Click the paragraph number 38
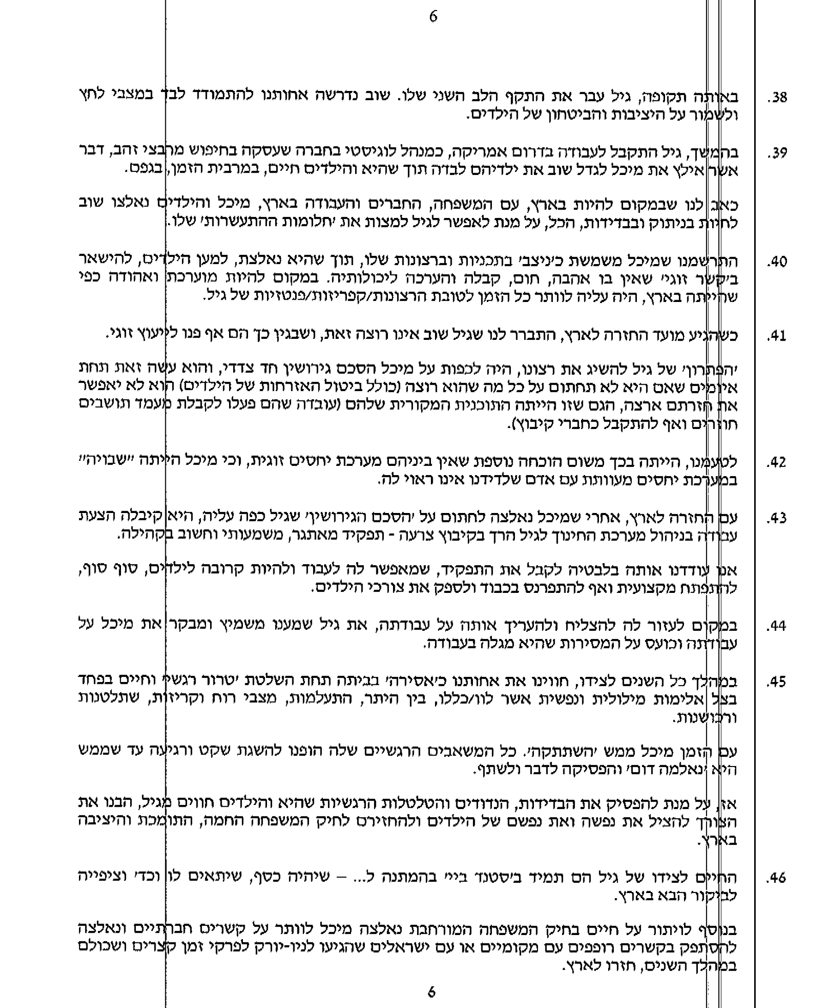pyautogui.click(x=777, y=98)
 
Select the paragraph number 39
pyautogui.click(x=777, y=154)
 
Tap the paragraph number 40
pyautogui.click(x=777, y=262)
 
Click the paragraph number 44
pyautogui.click(x=777, y=627)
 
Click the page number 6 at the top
pyautogui.click(x=433, y=17)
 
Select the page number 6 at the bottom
pyautogui.click(x=431, y=992)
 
